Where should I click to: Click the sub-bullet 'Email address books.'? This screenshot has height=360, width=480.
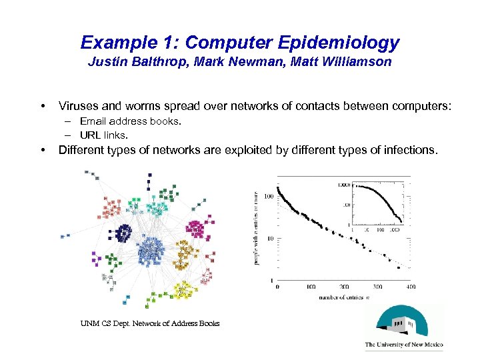point(130,121)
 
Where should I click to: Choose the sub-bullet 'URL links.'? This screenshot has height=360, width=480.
point(103,135)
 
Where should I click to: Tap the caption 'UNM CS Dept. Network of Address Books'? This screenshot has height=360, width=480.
point(150,323)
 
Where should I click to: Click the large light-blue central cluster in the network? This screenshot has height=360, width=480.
point(151,252)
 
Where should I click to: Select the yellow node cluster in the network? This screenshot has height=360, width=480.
point(183,289)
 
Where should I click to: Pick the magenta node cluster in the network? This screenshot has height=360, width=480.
point(195,229)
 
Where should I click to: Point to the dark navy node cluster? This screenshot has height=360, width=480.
point(123,233)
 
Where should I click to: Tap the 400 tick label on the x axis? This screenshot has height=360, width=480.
point(410,287)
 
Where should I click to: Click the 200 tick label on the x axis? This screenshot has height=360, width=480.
point(344,287)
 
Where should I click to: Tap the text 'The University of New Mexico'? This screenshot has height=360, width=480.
point(403,345)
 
